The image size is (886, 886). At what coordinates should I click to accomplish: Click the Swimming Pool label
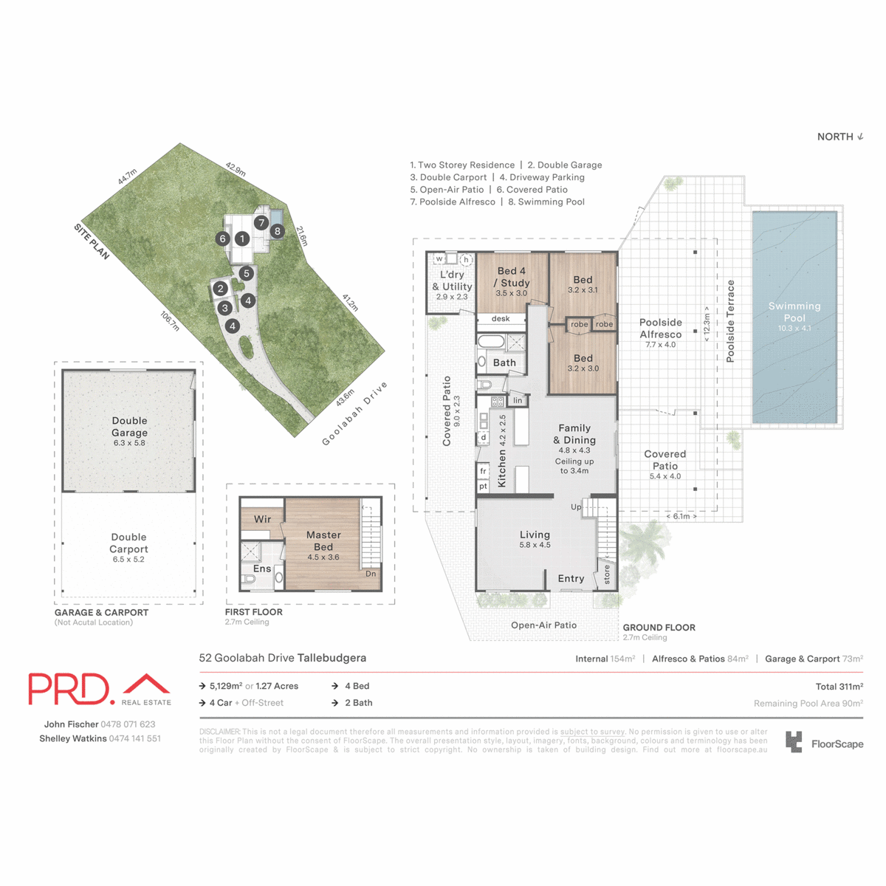[794, 312]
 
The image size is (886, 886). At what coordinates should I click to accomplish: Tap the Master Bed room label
[323, 540]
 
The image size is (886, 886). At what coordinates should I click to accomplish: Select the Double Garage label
[129, 427]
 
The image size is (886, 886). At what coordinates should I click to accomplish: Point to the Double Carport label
[129, 543]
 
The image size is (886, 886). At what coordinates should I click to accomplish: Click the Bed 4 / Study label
[512, 277]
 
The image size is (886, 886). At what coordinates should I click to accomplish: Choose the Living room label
[535, 535]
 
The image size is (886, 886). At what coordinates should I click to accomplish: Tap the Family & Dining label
[574, 434]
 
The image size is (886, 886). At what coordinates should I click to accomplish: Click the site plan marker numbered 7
[261, 222]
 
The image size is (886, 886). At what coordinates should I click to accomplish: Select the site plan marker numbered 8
[278, 231]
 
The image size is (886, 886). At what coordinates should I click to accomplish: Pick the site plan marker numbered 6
[222, 238]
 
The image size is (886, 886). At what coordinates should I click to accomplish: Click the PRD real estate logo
[100, 690]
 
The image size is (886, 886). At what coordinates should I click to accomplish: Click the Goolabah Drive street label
[355, 414]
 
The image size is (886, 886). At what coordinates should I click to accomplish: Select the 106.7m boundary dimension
[170, 321]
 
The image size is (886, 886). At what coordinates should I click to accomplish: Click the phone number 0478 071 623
[128, 724]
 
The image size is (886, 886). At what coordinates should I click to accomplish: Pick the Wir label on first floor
[262, 519]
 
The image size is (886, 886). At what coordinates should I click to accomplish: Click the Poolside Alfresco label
[661, 329]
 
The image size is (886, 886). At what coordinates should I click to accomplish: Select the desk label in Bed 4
[501, 319]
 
